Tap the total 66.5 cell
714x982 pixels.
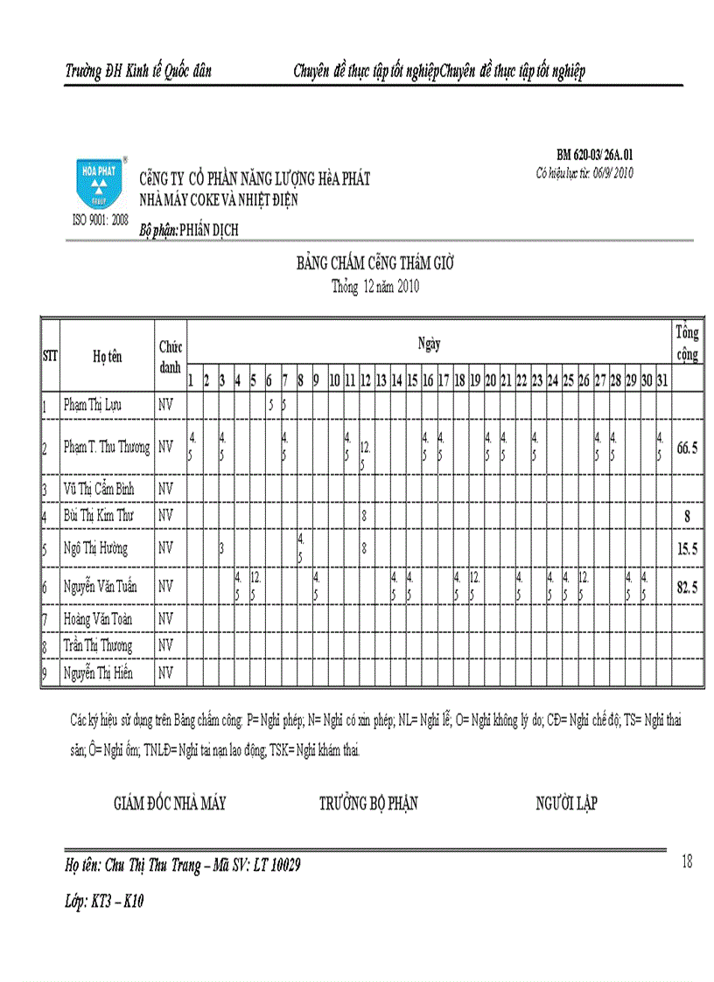point(687,448)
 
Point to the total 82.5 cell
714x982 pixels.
point(687,587)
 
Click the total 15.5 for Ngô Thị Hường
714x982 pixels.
point(687,549)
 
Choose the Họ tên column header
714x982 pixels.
point(108,356)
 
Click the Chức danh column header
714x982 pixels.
point(170,356)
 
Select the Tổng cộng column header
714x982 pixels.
point(687,343)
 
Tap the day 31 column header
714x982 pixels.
point(661,380)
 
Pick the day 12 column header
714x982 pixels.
point(367,380)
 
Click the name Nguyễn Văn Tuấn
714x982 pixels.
point(103,587)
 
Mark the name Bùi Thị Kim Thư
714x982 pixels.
point(98,516)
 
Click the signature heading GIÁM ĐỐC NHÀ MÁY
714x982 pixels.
point(170,804)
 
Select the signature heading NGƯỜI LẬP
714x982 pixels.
point(566,804)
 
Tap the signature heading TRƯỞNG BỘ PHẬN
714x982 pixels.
point(368,804)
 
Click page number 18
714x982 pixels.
point(686,862)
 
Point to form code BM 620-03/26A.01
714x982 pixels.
point(594,154)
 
